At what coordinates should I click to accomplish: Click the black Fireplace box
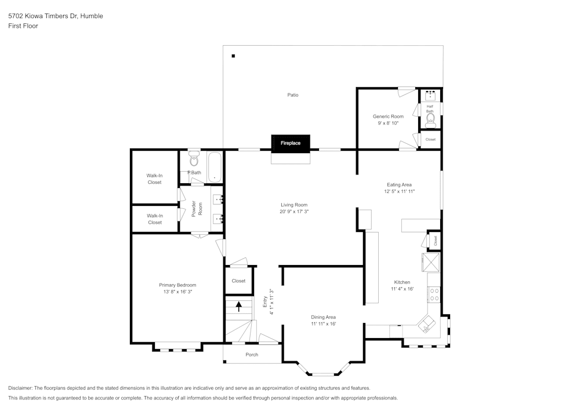[x=291, y=143]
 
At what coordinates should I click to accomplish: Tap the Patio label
[x=293, y=95]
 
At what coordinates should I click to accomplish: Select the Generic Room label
[x=388, y=117]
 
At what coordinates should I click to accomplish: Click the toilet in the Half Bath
[x=430, y=120]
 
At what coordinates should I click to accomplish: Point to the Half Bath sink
[x=430, y=95]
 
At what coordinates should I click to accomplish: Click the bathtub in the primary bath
[x=214, y=166]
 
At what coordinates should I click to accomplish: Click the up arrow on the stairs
[x=238, y=306]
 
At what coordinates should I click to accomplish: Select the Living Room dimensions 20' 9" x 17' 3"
[x=293, y=212]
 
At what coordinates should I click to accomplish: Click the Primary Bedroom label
[x=177, y=285]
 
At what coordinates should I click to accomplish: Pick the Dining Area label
[x=323, y=317]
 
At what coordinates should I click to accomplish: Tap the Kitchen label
[x=402, y=282]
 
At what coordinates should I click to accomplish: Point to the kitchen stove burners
[x=434, y=294]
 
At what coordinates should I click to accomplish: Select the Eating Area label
[x=399, y=184]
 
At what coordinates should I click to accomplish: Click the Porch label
[x=252, y=354]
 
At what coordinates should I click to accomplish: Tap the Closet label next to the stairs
[x=238, y=281]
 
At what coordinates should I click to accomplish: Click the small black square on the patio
[x=233, y=56]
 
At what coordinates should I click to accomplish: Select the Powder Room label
[x=197, y=209]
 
